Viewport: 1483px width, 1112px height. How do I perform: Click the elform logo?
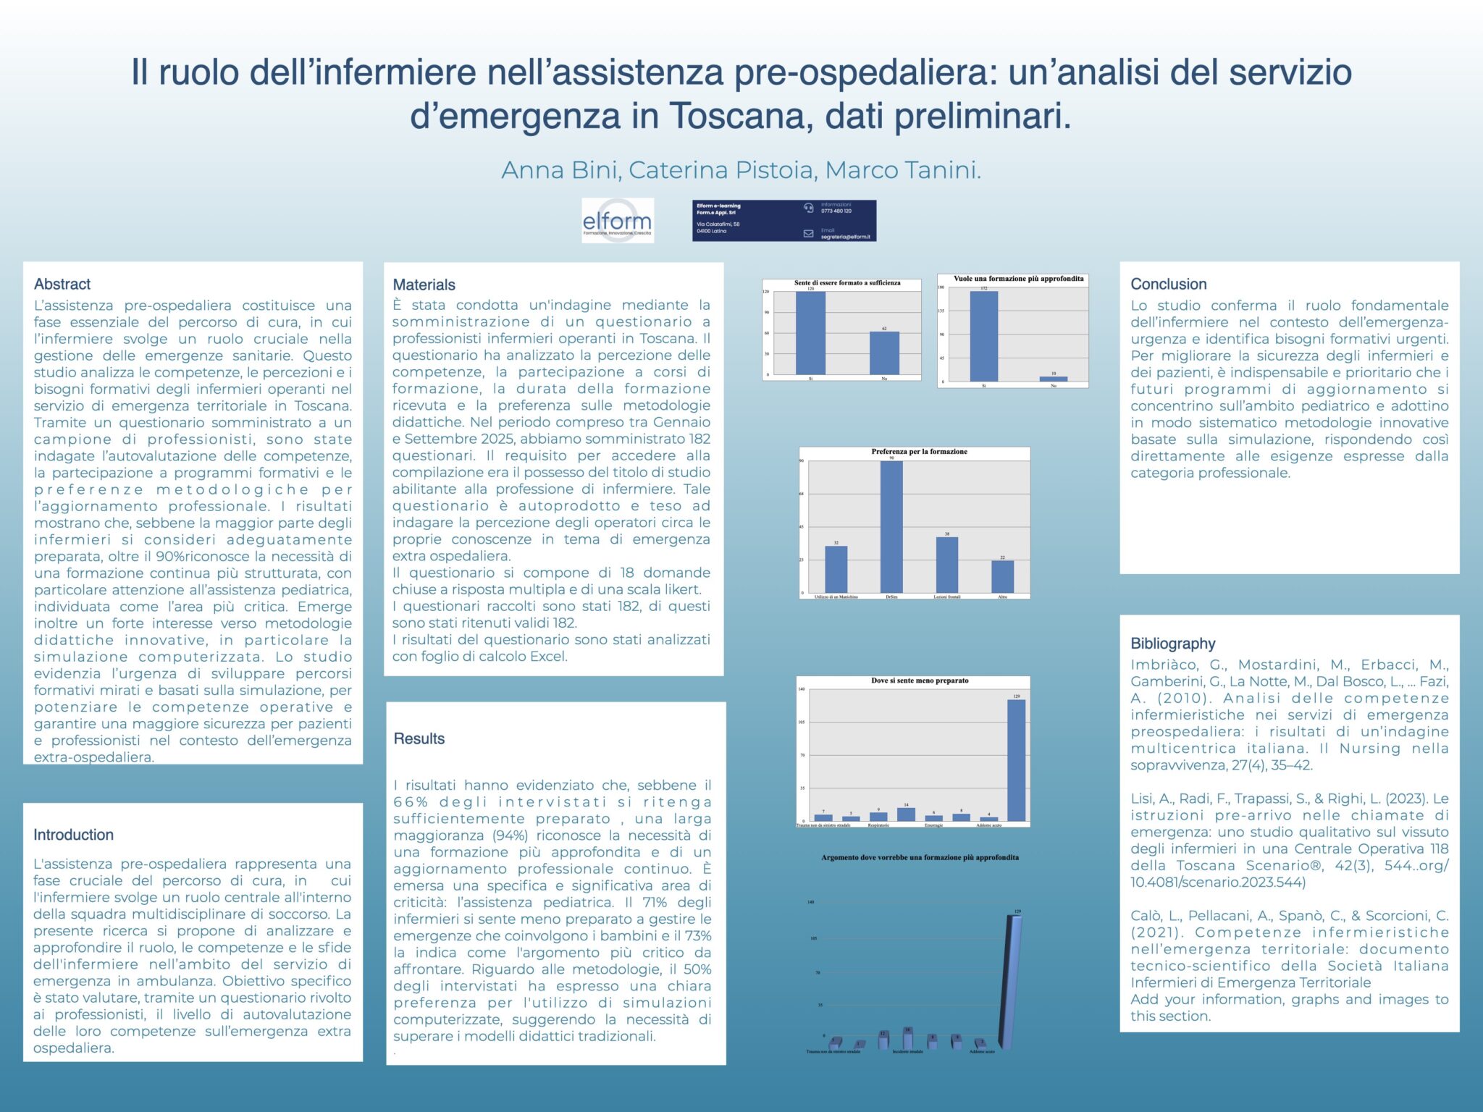(618, 220)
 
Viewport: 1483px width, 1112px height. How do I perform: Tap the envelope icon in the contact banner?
(809, 233)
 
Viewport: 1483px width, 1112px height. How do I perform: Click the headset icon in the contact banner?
(809, 208)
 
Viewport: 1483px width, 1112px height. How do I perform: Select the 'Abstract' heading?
(62, 284)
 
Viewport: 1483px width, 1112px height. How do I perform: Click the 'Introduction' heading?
(73, 835)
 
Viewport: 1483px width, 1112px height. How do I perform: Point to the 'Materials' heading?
(424, 285)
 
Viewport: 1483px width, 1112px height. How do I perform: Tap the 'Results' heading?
(419, 738)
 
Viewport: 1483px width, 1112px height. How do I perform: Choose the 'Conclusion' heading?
(1168, 284)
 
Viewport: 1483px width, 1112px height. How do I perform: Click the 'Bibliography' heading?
(1172, 644)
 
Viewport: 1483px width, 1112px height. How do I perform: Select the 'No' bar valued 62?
(884, 353)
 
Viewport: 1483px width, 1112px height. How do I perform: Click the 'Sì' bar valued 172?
(983, 336)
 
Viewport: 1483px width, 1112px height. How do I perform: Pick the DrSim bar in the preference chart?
(891, 527)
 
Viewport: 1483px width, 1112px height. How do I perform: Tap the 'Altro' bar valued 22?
(1002, 576)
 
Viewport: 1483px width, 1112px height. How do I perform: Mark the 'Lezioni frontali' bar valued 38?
(946, 565)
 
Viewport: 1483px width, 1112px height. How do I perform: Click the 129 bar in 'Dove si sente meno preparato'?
(1016, 760)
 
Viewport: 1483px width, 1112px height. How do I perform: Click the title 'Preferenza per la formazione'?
(919, 452)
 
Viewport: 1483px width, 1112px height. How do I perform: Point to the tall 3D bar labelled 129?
(1011, 981)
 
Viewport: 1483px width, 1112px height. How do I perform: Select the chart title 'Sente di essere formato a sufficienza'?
(846, 283)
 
